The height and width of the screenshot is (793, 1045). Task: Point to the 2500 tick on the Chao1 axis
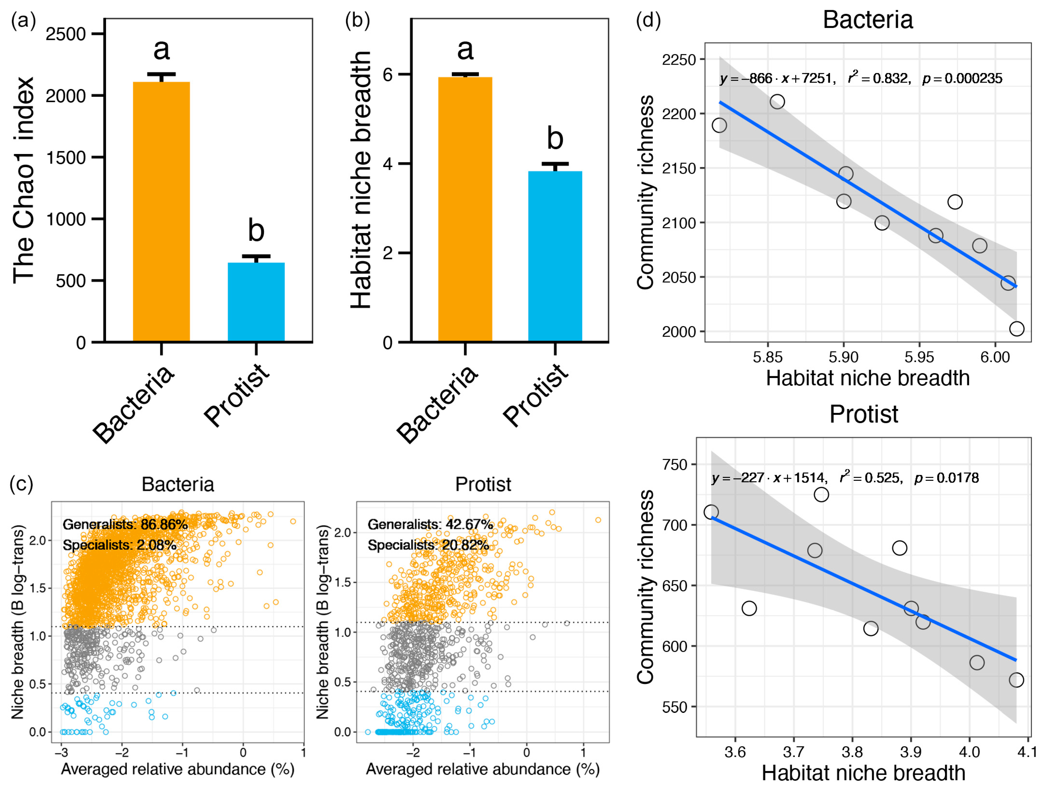pos(66,34)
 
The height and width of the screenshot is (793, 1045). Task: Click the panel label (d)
pos(649,21)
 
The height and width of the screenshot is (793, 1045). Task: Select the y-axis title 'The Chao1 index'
pos(24,180)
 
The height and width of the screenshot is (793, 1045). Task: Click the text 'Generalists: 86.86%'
pos(125,525)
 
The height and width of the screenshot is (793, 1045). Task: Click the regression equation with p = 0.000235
pos(861,78)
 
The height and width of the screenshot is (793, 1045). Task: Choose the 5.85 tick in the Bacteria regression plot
pos(768,357)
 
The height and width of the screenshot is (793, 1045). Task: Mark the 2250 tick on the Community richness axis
pos(679,60)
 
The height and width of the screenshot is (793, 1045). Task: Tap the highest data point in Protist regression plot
pos(821,494)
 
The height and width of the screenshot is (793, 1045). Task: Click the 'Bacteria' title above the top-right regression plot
pos(868,20)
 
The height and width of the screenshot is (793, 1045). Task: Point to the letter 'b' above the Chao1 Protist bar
pos(256,231)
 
